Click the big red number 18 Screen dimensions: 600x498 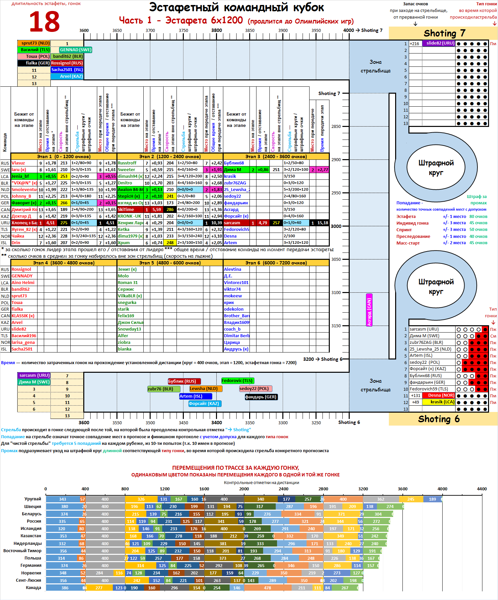[44, 22]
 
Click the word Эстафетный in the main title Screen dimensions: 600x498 [184, 7]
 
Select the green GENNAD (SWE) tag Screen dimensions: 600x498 [76, 50]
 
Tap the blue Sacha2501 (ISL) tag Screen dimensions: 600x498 [67, 70]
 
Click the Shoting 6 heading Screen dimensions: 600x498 [439, 419]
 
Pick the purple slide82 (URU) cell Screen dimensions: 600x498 [440, 43]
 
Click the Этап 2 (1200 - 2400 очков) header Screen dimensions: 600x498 [170, 156]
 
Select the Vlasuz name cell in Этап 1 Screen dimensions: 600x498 [18, 163]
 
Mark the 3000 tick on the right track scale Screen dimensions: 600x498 [336, 226]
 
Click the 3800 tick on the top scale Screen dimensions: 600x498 [217, 30]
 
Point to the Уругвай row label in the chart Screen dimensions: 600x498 [33, 499]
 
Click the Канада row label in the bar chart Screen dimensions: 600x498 [34, 587]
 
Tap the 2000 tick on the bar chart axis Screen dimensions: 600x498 [244, 489]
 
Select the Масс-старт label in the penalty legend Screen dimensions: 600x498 [408, 243]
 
